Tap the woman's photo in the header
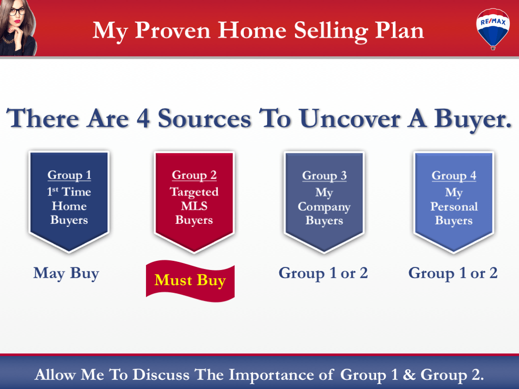point(18,27)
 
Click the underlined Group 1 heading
point(69,175)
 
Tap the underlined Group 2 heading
point(194,175)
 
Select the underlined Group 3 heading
point(324,176)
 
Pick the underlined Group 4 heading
point(454,176)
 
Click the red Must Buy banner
point(190,280)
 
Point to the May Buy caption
point(66,274)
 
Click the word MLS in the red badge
point(194,207)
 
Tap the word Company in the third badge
point(324,207)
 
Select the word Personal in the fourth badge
point(454,207)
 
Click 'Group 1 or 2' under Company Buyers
point(323,274)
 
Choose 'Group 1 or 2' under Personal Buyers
point(453,274)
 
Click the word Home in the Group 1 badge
point(69,206)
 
